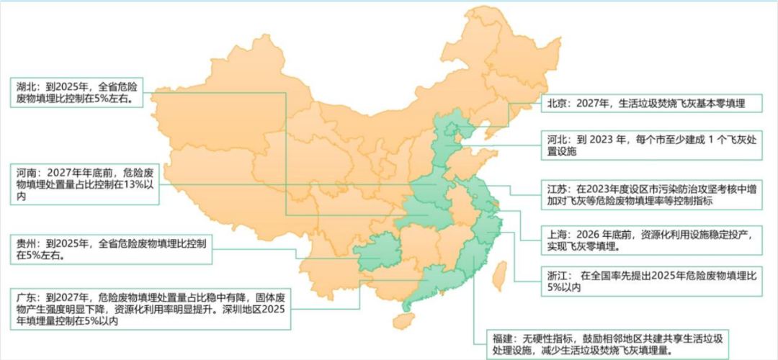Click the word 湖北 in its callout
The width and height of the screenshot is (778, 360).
pyautogui.click(x=27, y=86)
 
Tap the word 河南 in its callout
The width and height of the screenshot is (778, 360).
pyautogui.click(x=27, y=174)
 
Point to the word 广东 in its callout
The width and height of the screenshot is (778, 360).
pyautogui.click(x=27, y=297)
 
